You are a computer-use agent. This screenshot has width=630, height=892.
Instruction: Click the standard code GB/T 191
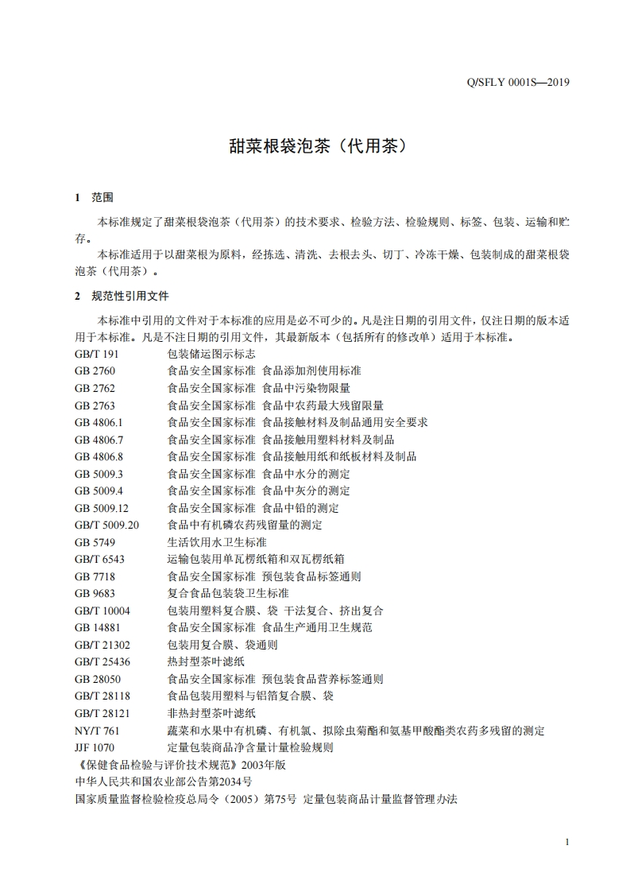[x=96, y=354]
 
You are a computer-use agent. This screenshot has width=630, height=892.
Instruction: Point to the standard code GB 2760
[x=95, y=371]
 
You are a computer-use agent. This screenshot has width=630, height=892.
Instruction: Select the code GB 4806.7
[x=99, y=440]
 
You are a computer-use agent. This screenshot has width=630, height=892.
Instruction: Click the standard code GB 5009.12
[x=101, y=508]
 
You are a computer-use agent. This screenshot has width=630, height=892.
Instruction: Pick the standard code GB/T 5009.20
[x=106, y=525]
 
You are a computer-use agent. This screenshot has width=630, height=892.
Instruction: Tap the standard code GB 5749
[x=95, y=542]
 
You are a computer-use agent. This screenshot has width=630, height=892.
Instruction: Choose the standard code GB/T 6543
[x=99, y=559]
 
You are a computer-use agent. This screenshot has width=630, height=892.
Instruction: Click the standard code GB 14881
[x=97, y=627]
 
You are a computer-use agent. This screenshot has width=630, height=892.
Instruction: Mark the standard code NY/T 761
[x=97, y=731]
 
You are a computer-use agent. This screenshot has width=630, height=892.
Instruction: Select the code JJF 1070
[x=95, y=747]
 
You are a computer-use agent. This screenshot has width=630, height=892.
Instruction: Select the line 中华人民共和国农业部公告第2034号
[x=163, y=781]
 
